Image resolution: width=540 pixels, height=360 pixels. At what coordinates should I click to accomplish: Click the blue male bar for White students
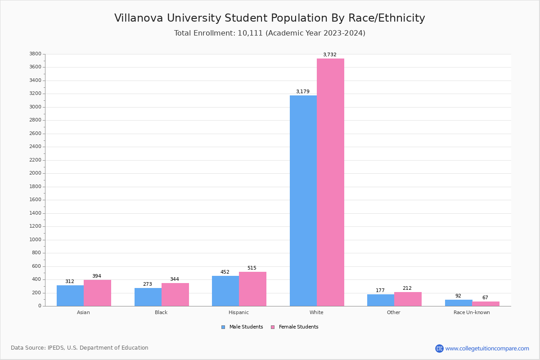coord(303,201)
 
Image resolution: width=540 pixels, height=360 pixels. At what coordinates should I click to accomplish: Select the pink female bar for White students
coord(330,182)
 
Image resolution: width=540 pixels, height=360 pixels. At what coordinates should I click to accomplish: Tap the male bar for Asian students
coord(70,296)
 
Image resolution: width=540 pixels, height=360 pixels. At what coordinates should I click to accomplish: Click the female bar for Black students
coord(175,294)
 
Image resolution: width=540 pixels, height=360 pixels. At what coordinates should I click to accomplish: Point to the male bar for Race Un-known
coord(459,303)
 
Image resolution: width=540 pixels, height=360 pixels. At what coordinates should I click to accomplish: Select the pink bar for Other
coord(408,299)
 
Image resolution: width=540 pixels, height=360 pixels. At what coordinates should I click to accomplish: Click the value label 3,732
coord(329,55)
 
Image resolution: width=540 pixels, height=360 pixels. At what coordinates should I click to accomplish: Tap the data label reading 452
coord(225,272)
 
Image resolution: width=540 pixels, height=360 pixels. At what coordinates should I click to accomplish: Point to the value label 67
coord(485,298)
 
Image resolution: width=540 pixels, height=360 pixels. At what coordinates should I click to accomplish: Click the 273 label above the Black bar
coord(148,284)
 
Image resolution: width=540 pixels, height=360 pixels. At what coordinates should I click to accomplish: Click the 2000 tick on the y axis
coord(36,173)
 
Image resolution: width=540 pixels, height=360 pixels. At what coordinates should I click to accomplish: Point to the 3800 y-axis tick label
coord(36,54)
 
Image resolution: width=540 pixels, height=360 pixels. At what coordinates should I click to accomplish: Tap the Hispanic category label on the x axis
coord(238,312)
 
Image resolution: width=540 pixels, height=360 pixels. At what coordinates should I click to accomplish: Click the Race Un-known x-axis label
coord(472,312)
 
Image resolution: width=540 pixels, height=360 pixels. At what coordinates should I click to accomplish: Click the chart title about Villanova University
coord(270,18)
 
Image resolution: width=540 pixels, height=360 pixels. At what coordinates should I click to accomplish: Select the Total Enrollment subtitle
coord(270,33)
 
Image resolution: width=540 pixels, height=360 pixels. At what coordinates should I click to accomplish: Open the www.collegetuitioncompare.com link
coord(487,348)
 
